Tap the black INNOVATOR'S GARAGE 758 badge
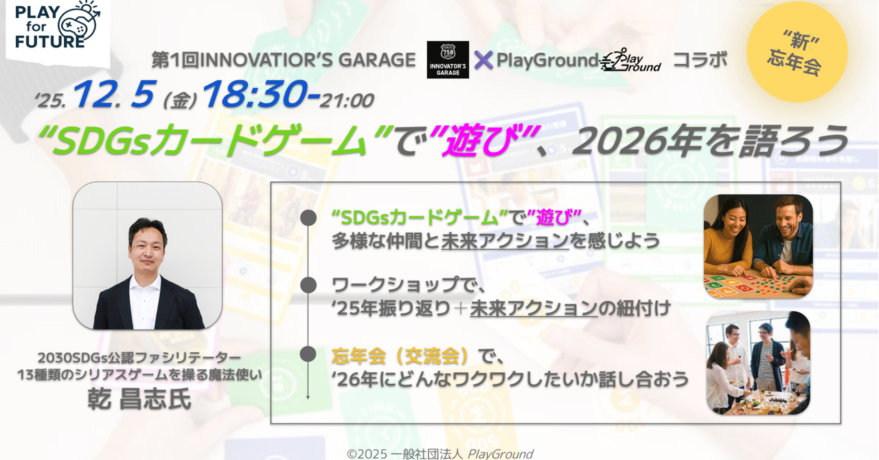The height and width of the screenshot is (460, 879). pyautogui.click(x=448, y=60)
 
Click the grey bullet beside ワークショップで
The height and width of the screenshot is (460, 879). pyautogui.click(x=308, y=284)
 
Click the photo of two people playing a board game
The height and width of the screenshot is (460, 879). pyautogui.click(x=758, y=246)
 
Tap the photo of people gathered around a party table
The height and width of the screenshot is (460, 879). pyautogui.click(x=758, y=363)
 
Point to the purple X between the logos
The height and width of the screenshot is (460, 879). pyautogui.click(x=483, y=60)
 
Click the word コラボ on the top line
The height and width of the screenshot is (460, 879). pyautogui.click(x=699, y=60)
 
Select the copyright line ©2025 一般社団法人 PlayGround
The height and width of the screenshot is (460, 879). pyautogui.click(x=439, y=453)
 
